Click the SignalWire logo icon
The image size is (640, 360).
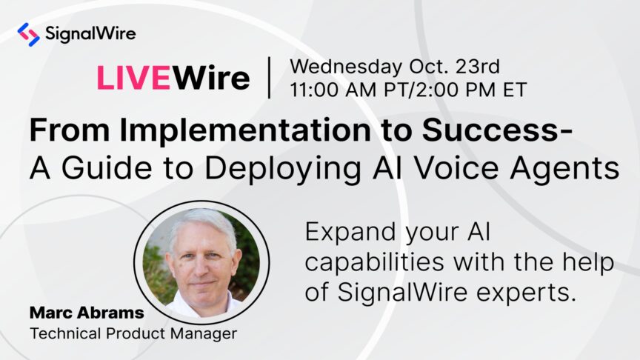point(29,34)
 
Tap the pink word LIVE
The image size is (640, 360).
point(133,78)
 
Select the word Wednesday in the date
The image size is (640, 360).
point(346,66)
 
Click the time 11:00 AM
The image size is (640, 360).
point(333,90)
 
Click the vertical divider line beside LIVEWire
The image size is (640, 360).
point(270,78)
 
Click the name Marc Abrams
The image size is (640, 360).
point(87,313)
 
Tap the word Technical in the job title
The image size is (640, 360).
point(66,333)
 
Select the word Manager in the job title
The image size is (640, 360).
point(203,334)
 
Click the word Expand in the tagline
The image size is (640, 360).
point(350,233)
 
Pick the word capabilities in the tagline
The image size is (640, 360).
point(374,263)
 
